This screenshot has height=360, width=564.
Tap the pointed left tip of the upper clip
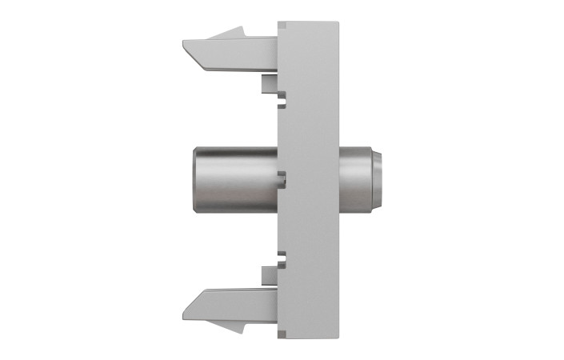tap(186, 42)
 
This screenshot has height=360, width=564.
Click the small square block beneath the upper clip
tap(269, 82)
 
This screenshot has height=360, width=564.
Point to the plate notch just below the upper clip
tap(281, 102)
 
